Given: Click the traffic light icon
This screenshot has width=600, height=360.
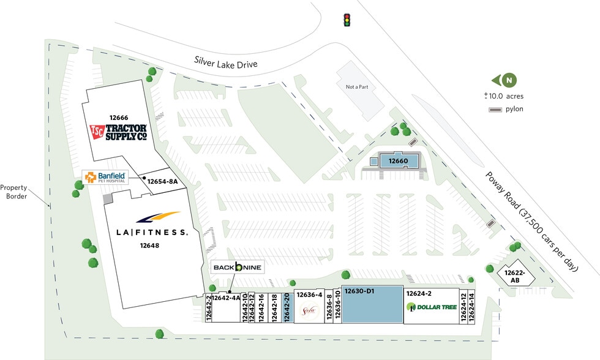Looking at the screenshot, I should coord(348,20).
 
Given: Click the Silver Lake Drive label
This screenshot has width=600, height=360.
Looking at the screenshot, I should coord(225,62).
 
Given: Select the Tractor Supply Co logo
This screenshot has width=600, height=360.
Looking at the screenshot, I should coord(119,132).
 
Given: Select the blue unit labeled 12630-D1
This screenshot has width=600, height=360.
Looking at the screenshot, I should coord(372,304).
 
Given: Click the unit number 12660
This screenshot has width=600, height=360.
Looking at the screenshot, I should coord(398,161).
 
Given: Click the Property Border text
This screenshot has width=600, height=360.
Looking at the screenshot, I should coord(14,192).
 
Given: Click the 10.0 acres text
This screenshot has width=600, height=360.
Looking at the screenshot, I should coord(504,96).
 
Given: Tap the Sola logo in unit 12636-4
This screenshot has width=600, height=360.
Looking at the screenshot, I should coord(309,311).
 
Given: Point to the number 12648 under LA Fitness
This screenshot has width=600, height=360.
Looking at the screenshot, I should coord(150,246).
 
